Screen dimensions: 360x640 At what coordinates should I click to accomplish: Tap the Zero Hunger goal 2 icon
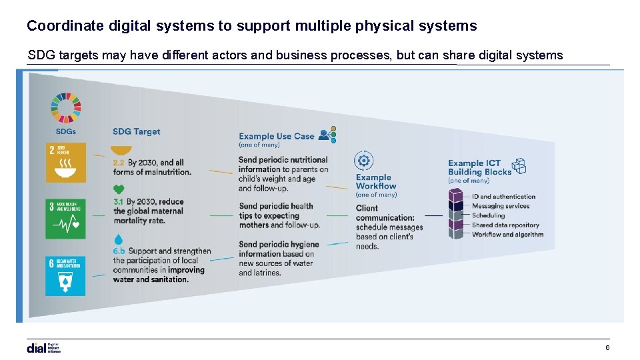[x=65, y=163]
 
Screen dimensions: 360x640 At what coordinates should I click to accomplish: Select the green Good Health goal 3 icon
[x=65, y=219]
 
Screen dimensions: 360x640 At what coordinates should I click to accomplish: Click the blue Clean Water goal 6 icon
[x=65, y=275]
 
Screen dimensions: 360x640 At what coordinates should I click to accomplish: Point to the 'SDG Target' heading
[x=136, y=132]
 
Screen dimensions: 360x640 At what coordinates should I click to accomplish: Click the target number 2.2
[x=119, y=163]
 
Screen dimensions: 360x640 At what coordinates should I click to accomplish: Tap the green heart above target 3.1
[x=119, y=189]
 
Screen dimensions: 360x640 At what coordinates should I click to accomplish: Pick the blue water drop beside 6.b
[x=119, y=239]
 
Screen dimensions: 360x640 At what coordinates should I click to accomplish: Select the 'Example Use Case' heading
[x=276, y=136]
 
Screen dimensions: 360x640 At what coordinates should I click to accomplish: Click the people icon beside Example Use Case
[x=327, y=135]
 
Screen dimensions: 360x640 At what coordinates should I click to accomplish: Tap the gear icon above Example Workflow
[x=364, y=161]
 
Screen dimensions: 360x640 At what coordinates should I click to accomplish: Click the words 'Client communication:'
[x=385, y=213]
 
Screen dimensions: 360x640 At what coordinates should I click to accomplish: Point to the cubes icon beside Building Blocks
[x=519, y=166]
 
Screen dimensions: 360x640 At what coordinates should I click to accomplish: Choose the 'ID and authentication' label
[x=503, y=197]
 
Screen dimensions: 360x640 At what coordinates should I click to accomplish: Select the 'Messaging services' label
[x=500, y=206]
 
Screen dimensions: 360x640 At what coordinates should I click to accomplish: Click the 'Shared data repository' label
[x=505, y=225]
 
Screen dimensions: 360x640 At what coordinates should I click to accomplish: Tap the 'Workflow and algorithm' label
[x=507, y=235]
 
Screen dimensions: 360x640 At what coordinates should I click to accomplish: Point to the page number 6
[x=607, y=348]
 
